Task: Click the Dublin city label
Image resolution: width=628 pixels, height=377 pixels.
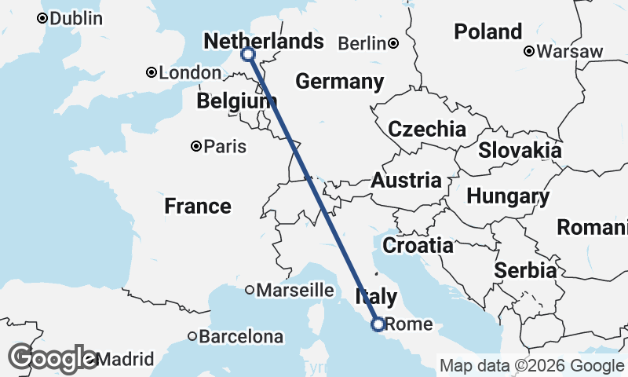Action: pyautogui.click(x=75, y=18)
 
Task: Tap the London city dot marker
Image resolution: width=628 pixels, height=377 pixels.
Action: pyautogui.click(x=151, y=72)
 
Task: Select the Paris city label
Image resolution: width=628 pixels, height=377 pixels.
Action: pyautogui.click(x=225, y=146)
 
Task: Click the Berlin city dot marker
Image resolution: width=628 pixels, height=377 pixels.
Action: pyautogui.click(x=392, y=43)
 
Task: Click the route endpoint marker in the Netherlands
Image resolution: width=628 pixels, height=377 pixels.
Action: pyautogui.click(x=248, y=54)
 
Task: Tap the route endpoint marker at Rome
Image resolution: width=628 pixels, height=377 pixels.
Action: pyautogui.click(x=378, y=324)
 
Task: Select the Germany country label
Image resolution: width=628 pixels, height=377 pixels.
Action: pyautogui.click(x=340, y=82)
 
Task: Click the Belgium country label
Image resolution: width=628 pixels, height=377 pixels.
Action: pyautogui.click(x=232, y=101)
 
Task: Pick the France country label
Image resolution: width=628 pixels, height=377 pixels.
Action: pyautogui.click(x=198, y=207)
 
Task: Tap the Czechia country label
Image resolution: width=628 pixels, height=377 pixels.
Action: pyautogui.click(x=427, y=130)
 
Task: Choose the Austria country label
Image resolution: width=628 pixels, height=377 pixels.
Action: pyautogui.click(x=406, y=181)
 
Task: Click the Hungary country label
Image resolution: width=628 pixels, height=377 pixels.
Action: pyautogui.click(x=508, y=196)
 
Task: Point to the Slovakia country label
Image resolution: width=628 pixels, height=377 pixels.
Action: pyautogui.click(x=520, y=150)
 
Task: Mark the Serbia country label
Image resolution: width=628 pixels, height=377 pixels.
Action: pyautogui.click(x=525, y=271)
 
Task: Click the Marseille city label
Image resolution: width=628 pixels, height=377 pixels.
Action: pyautogui.click(x=295, y=290)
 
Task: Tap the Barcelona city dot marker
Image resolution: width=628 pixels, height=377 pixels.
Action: pyautogui.click(x=192, y=336)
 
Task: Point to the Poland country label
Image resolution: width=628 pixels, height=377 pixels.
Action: pyautogui.click(x=487, y=32)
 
